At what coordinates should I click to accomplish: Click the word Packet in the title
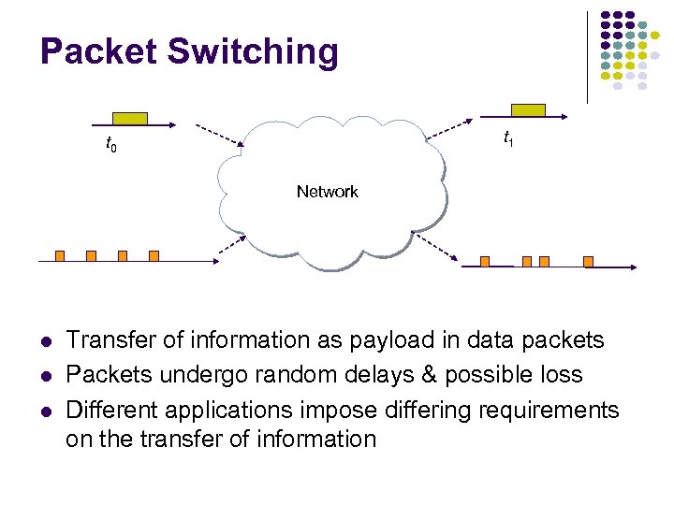[x=98, y=51]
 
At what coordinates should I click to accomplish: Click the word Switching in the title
[x=253, y=53]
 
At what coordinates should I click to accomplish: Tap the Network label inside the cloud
[x=327, y=192]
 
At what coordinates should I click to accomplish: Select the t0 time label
[x=110, y=145]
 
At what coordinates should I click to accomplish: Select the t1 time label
[x=507, y=139]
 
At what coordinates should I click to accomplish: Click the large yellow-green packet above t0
[x=130, y=118]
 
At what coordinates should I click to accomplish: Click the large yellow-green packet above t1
[x=528, y=110]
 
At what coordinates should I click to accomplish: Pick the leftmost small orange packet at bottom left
[x=59, y=255]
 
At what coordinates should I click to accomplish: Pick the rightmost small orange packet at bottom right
[x=587, y=261]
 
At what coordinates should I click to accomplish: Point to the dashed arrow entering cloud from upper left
[x=220, y=136]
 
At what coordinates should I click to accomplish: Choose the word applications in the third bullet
[x=259, y=410]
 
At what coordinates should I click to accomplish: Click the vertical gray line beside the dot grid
[x=587, y=56]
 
